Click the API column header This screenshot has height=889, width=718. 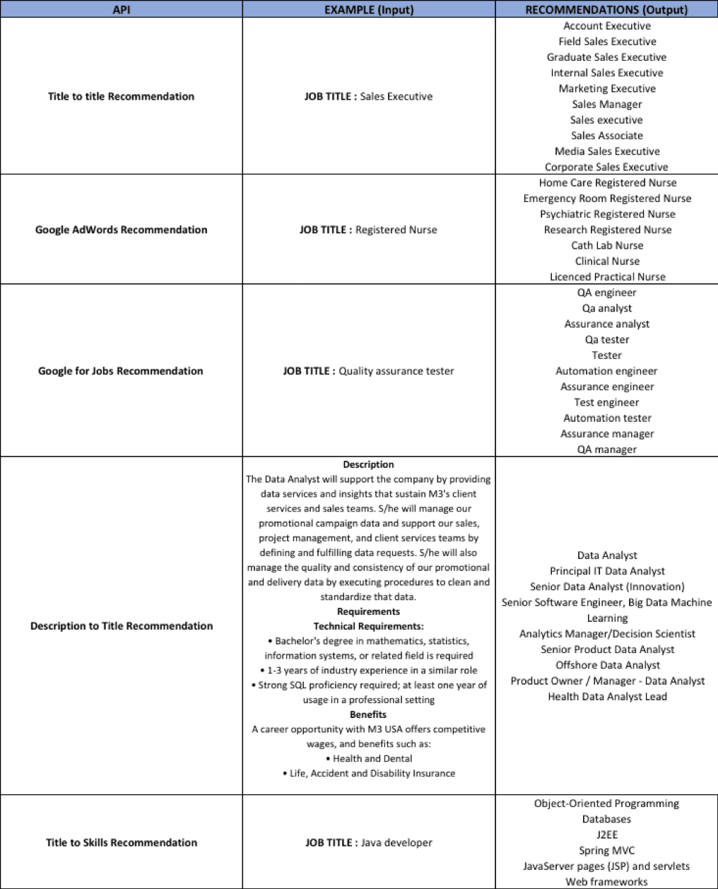point(122,9)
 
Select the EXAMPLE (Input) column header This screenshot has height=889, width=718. point(368,9)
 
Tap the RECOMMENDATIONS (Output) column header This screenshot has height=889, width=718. point(606,9)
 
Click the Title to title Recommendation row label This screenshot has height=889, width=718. point(121,96)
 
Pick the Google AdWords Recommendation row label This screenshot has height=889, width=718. point(121,230)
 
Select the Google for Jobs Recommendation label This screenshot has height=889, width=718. point(120,371)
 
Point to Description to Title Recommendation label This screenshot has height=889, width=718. point(122,626)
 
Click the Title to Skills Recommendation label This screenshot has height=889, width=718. point(122,842)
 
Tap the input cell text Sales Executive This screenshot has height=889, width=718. point(396,96)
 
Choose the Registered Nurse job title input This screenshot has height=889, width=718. point(396,230)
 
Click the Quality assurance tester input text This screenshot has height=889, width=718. point(396,371)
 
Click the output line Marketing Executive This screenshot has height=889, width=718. point(607,88)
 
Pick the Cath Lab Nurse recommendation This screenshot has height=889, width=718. point(607,245)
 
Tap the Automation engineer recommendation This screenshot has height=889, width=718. point(606,371)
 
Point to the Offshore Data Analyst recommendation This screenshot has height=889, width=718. point(607,665)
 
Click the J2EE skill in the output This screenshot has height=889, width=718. point(607,835)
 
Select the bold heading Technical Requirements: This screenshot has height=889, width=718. point(368,626)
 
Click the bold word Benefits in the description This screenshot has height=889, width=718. point(368,714)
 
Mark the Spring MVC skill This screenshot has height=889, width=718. point(607,850)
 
